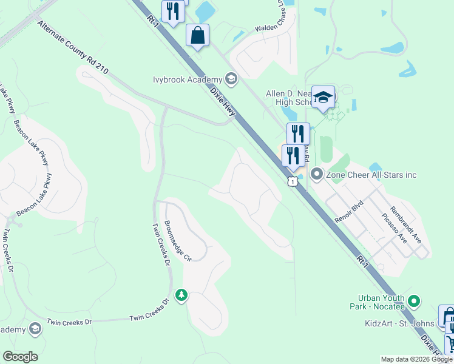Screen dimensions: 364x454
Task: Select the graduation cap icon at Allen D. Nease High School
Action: point(324,96)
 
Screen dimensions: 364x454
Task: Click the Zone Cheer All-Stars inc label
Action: point(372,175)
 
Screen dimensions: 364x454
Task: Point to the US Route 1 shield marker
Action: point(293,181)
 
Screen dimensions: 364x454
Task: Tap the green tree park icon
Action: point(181,295)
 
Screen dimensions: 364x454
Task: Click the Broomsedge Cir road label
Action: point(178,241)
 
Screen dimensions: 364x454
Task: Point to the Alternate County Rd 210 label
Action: point(72,47)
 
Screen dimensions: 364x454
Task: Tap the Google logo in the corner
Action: point(20,357)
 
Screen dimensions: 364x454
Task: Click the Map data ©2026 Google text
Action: point(416,359)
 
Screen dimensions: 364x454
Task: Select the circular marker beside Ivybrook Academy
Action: point(231,78)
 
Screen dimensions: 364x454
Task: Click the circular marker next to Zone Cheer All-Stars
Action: point(316,175)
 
